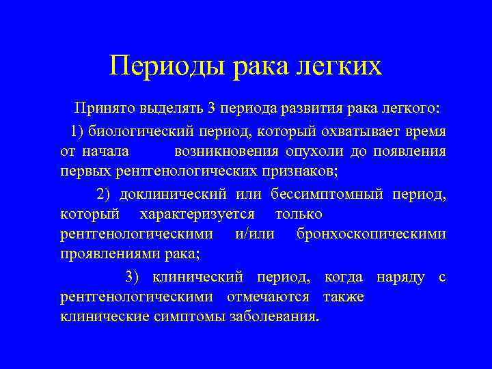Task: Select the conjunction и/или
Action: point(254,234)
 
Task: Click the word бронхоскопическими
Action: point(371,234)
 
